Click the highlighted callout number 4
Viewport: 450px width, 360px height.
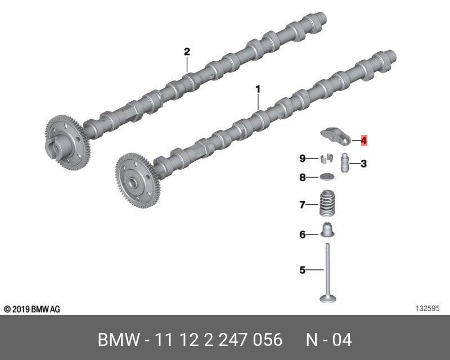[363, 141]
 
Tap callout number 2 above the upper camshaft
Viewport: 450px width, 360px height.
[187, 52]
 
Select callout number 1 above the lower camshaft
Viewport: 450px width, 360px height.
[258, 89]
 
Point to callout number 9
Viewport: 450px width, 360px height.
[303, 158]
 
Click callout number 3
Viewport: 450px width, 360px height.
[363, 164]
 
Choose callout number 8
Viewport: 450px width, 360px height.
[303, 177]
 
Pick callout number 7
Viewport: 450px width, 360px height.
[303, 205]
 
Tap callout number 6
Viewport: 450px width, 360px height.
[303, 235]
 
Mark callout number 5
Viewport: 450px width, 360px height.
[303, 270]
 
